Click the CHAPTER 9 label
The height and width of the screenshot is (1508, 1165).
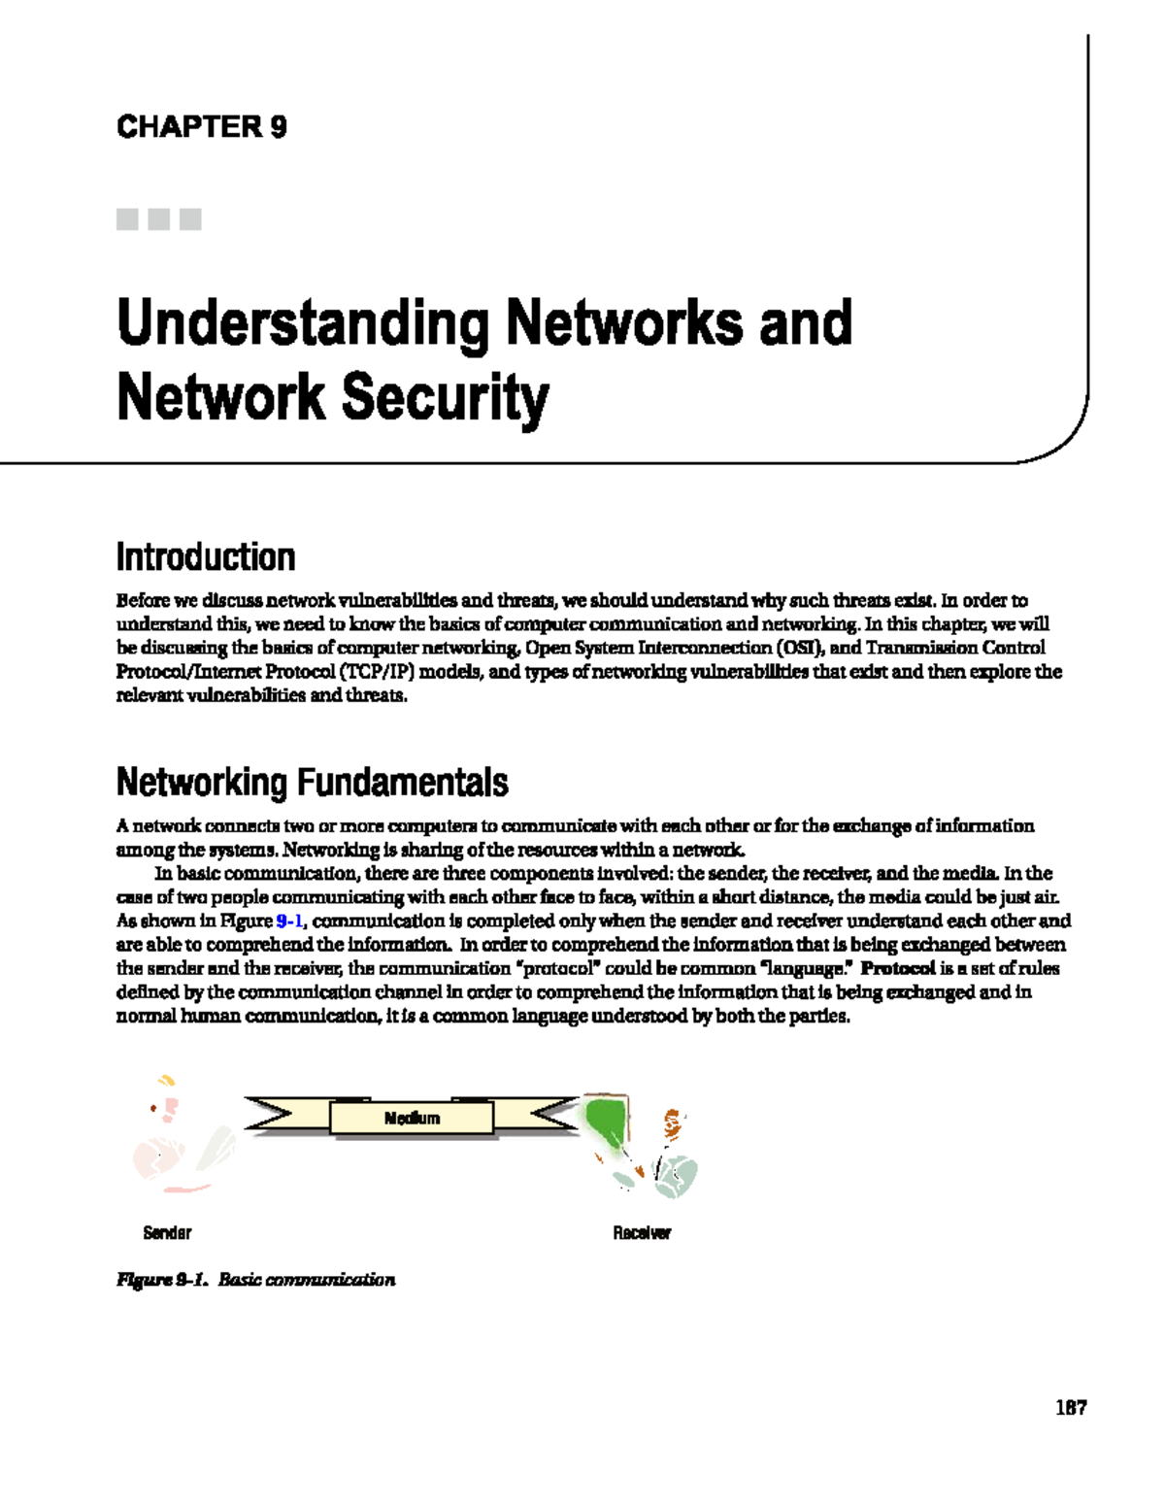point(201,127)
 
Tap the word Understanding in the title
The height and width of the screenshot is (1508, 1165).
point(302,324)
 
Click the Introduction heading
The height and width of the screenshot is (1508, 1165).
point(206,557)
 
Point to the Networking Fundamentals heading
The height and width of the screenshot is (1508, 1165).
point(312,782)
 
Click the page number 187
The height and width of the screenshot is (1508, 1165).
point(1071,1407)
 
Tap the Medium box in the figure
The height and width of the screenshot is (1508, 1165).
point(412,1119)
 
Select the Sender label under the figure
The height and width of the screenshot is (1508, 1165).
point(167,1233)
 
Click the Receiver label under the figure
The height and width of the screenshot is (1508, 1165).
point(642,1233)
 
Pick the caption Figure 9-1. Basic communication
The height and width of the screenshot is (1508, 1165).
point(255,1280)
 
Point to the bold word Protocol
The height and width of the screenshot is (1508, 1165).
point(898,968)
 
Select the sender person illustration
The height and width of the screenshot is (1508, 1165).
point(180,1136)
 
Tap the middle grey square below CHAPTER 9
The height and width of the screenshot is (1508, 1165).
point(159,219)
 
